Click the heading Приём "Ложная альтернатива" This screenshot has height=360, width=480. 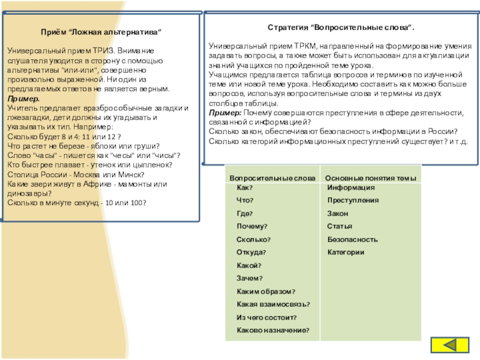click(x=101, y=31)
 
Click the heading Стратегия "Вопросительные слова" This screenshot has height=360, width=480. click(x=340, y=28)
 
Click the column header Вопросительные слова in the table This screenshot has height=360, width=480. click(x=272, y=178)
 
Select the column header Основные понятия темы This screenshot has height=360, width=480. click(x=370, y=178)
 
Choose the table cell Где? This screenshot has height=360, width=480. click(x=245, y=214)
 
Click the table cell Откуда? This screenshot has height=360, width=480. click(x=251, y=253)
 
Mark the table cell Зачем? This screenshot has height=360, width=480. click(x=250, y=278)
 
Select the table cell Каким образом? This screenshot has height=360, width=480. click(x=266, y=292)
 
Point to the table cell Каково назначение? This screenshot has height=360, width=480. click(x=273, y=331)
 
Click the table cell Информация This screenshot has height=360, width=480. click(x=350, y=188)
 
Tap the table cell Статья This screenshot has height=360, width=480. click(x=339, y=226)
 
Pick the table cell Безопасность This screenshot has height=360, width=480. click(x=352, y=239)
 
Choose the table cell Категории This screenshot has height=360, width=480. click(x=346, y=253)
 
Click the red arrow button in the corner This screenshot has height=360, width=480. click(x=452, y=346)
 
